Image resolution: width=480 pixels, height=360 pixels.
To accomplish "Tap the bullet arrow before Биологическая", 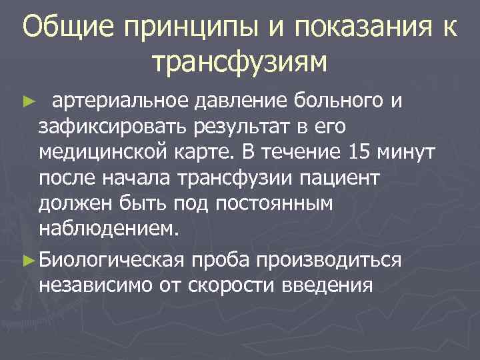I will click(x=27, y=261).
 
